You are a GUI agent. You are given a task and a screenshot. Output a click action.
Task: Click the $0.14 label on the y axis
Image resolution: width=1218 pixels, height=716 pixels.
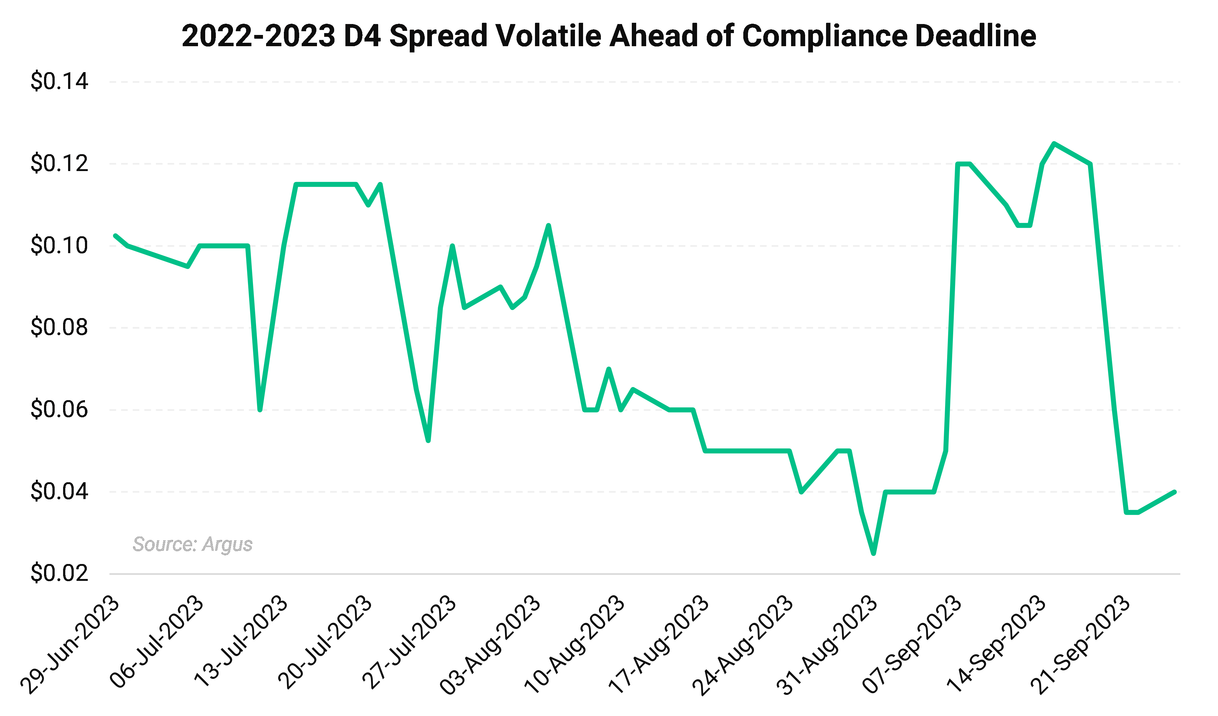(x=59, y=81)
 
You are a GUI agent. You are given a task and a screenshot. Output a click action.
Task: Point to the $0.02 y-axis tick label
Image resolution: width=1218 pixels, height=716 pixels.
(x=59, y=573)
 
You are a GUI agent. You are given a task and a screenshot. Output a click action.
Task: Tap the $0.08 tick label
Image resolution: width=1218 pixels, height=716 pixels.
(x=59, y=327)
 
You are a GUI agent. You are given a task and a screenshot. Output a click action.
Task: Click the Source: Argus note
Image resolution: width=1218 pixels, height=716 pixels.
(x=192, y=544)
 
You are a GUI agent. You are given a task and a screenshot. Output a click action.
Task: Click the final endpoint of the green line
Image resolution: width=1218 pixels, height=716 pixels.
(x=1175, y=492)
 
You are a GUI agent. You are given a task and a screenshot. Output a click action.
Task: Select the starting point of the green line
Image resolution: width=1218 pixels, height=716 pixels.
(x=115, y=235)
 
